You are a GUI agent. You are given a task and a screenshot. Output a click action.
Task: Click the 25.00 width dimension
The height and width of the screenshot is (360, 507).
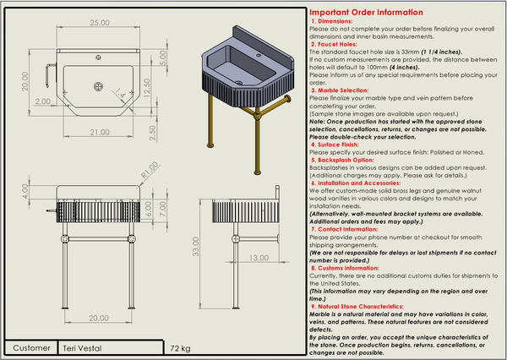[x=101, y=23]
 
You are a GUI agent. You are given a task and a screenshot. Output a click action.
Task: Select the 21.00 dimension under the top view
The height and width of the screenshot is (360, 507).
[x=101, y=131]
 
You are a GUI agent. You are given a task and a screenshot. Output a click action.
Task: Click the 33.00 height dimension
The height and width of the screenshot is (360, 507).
[x=196, y=247]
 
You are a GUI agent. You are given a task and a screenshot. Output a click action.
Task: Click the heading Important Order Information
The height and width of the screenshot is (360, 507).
[x=366, y=13]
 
